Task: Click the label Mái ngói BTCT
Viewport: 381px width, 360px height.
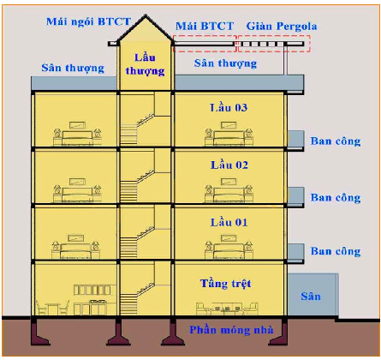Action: (x=88, y=21)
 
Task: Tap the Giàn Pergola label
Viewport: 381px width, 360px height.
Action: (x=282, y=27)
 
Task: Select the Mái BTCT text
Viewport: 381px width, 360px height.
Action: (x=205, y=26)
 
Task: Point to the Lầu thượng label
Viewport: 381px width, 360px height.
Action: (x=145, y=64)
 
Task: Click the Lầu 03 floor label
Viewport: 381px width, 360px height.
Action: (x=229, y=107)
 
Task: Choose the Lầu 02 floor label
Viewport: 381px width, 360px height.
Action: (x=229, y=165)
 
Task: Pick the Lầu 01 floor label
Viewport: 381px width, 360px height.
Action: (x=229, y=222)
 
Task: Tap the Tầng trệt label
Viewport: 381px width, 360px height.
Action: (x=226, y=284)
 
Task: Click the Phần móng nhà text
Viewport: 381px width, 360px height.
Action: (x=231, y=330)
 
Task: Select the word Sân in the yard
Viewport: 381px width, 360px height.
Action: (x=311, y=296)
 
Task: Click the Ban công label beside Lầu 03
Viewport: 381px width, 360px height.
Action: (x=336, y=141)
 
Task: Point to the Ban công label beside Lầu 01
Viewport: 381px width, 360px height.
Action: (x=336, y=251)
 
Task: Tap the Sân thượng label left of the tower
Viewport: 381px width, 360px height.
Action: (x=73, y=68)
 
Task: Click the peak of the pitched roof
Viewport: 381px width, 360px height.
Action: (x=146, y=15)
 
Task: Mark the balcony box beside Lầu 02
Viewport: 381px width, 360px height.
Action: (x=295, y=196)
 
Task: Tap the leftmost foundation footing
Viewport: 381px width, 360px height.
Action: (x=39, y=333)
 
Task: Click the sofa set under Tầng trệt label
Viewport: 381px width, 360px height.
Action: (x=227, y=309)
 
